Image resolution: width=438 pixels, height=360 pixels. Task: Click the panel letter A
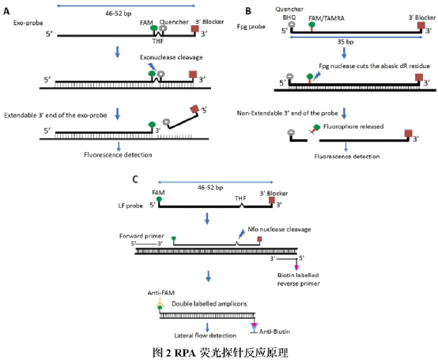pos(6,11)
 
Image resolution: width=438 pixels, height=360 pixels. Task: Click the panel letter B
pos(248,11)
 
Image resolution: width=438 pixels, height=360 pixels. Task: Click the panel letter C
pos(135,179)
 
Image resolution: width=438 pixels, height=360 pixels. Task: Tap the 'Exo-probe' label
pos(28,23)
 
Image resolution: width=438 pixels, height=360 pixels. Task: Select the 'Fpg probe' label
pos(251,27)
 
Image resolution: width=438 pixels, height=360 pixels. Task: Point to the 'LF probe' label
pos(130,206)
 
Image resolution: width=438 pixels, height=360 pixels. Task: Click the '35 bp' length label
pos(345,42)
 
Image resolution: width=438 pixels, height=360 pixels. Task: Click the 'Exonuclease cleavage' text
pos(172,57)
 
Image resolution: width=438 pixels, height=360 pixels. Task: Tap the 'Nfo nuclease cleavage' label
pos(279,229)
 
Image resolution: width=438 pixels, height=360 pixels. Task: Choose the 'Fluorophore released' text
pos(353,127)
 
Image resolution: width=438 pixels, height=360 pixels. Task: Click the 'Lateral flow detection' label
pos(206,335)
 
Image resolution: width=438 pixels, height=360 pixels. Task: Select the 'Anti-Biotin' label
pos(274,332)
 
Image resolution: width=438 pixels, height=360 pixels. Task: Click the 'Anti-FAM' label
pos(161,293)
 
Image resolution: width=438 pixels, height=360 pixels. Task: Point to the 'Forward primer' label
pos(142,236)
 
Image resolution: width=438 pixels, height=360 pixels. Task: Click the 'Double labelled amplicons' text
pos(210,304)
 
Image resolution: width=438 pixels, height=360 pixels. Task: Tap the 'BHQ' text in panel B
pos(289,17)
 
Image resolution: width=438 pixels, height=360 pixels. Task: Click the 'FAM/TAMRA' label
pos(327,18)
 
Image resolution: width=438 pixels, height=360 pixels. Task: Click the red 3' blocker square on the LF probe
pos(272,200)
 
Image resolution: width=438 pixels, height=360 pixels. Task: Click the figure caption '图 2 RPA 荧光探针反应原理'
pos(220,352)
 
